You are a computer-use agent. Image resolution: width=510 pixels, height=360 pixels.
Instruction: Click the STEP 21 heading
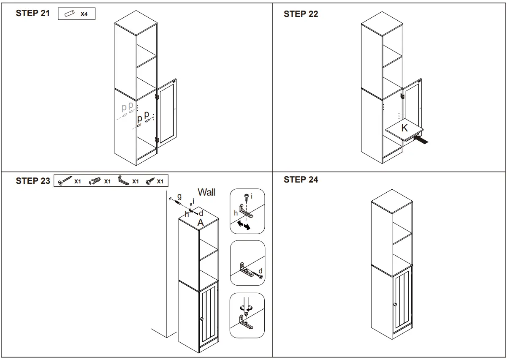(33, 13)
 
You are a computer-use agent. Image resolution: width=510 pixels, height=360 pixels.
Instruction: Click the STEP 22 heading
(301, 14)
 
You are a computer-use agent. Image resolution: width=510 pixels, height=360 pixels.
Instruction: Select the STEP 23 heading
(33, 181)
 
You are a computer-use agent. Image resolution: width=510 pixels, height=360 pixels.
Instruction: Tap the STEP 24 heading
(301, 180)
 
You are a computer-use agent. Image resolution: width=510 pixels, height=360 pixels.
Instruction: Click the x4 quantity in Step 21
(84, 14)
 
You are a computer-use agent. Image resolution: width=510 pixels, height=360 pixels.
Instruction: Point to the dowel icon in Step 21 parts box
(69, 14)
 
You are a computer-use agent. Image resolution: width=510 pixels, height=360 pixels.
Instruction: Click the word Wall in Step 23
(206, 192)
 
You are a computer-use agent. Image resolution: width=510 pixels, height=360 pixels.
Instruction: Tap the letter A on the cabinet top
(201, 222)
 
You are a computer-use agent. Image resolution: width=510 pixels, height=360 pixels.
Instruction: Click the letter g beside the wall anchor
(179, 196)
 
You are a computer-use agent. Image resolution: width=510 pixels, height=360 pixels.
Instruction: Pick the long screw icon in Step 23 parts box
(65, 181)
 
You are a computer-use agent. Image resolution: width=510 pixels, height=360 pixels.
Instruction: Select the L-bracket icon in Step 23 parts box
(123, 181)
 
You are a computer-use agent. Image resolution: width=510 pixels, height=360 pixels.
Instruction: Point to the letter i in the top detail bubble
(252, 196)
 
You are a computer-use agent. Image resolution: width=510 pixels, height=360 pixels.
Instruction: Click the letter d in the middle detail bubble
(260, 271)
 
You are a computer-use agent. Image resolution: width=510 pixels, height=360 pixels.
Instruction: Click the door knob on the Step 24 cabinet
(395, 304)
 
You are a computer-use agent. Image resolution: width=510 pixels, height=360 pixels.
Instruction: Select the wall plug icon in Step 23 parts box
(95, 181)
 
